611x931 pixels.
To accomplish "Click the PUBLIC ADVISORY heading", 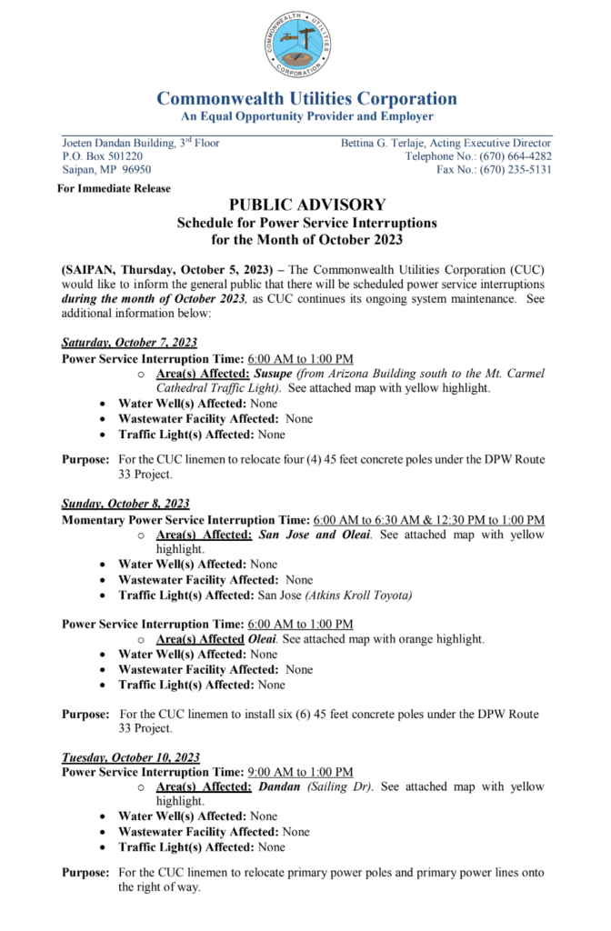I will [306, 205].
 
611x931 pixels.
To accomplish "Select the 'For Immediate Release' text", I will [114, 188].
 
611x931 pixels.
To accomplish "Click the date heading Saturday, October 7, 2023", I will [129, 343].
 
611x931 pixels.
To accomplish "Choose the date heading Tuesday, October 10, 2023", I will [131, 756].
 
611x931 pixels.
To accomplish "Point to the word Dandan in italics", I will [280, 786].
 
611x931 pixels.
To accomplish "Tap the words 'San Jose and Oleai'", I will [315, 535].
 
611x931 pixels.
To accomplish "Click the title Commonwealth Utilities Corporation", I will [306, 98].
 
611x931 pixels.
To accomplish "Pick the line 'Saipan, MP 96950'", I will [106, 170].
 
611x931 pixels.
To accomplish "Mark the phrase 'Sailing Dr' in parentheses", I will [340, 786].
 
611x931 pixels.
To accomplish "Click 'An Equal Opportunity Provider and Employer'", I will [306, 116].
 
